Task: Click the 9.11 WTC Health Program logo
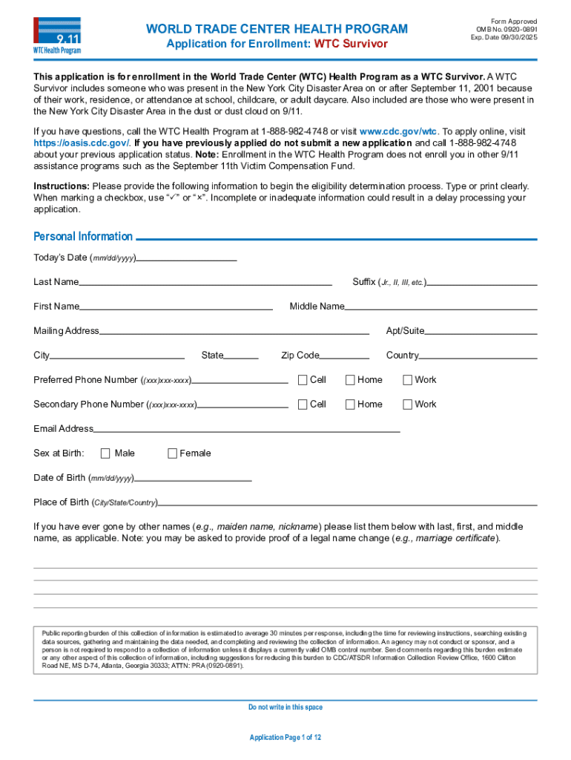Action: coord(57,35)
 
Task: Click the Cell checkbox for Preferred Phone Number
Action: coord(303,380)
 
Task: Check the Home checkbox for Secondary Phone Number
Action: coord(350,404)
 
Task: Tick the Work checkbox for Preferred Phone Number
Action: coord(407,380)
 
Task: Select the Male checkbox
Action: coord(105,453)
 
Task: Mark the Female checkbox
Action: coord(173,453)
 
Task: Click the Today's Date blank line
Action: coord(186,259)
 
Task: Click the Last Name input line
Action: coord(205,283)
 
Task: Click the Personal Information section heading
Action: coord(83,237)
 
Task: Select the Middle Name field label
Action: coord(317,307)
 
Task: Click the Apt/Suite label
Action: coord(405,331)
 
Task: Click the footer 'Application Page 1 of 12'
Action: coord(285,737)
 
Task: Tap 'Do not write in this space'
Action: coord(285,707)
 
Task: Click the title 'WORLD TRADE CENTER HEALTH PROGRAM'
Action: coord(277,29)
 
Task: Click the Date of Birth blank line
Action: coord(194,479)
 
